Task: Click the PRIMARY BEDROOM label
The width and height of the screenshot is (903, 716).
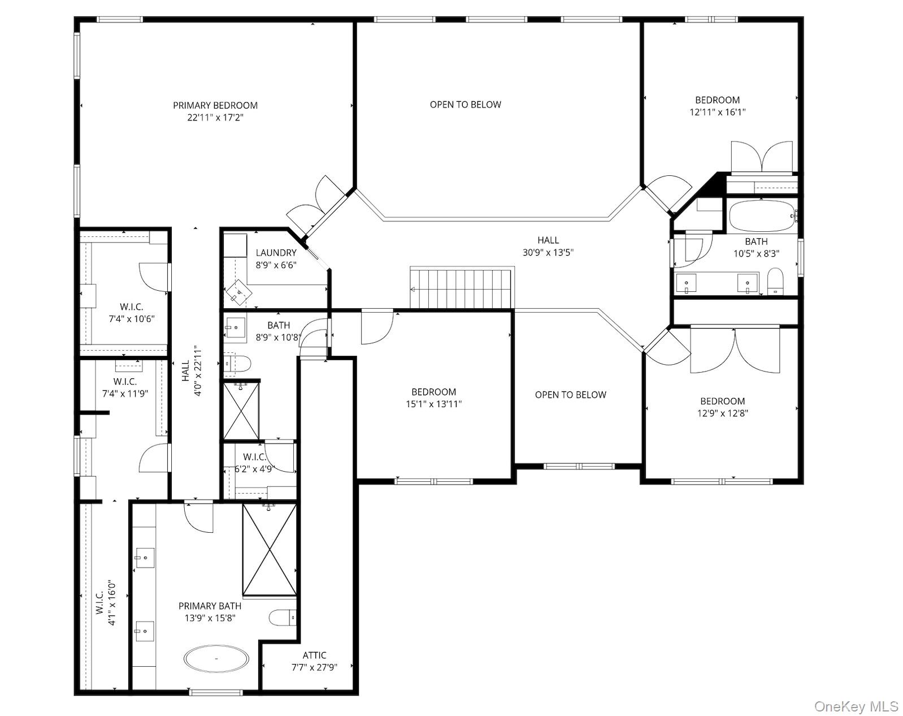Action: (215, 106)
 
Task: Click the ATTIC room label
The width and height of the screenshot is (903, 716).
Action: (314, 655)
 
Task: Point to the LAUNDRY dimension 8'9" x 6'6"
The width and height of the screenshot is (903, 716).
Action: (276, 265)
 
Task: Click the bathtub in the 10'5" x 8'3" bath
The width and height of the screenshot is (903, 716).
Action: (761, 216)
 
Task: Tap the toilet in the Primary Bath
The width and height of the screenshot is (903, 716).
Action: (282, 617)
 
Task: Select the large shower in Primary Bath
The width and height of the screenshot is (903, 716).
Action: (270, 549)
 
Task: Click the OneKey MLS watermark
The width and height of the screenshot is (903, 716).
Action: (856, 706)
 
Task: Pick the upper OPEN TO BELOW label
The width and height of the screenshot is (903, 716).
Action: (465, 105)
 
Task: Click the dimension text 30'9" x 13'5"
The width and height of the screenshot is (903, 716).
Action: (548, 253)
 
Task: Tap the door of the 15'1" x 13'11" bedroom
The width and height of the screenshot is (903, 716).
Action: (376, 327)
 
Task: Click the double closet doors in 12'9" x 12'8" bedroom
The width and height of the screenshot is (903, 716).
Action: (735, 351)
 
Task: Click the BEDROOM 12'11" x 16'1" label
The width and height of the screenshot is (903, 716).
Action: (717, 106)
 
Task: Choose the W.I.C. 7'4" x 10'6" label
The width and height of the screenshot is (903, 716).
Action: (131, 313)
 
